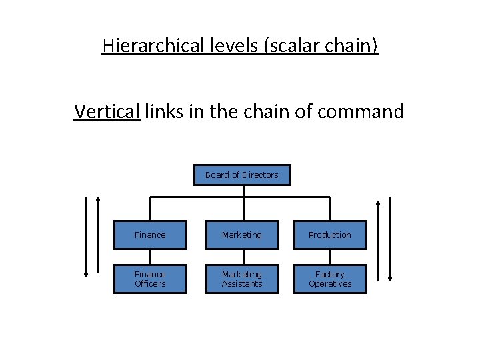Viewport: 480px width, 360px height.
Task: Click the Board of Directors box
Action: pyautogui.click(x=242, y=175)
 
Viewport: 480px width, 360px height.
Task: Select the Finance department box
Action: pyautogui.click(x=150, y=235)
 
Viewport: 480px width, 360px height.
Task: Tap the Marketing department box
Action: pyautogui.click(x=242, y=235)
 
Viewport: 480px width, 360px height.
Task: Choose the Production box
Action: pyautogui.click(x=330, y=235)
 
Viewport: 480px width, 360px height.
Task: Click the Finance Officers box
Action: pyautogui.click(x=150, y=279)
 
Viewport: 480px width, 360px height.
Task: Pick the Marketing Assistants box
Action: pyautogui.click(x=242, y=279)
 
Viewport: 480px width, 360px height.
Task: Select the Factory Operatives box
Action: pyautogui.click(x=330, y=279)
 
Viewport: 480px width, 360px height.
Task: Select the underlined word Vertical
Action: pyautogui.click(x=107, y=111)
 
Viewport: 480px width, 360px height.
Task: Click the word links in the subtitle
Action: pyautogui.click(x=162, y=111)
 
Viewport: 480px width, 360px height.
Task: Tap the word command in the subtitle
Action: pyautogui.click(x=361, y=111)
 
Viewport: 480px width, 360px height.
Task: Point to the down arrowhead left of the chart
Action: pyautogui.click(x=86, y=273)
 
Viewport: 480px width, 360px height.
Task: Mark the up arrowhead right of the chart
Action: pyautogui.click(x=378, y=203)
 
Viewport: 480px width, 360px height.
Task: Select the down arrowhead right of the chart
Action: pyautogui.click(x=391, y=277)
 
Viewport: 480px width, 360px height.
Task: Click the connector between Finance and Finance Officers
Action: pyautogui.click(x=150, y=257)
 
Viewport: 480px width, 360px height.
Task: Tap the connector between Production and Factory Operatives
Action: pyautogui.click(x=330, y=257)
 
